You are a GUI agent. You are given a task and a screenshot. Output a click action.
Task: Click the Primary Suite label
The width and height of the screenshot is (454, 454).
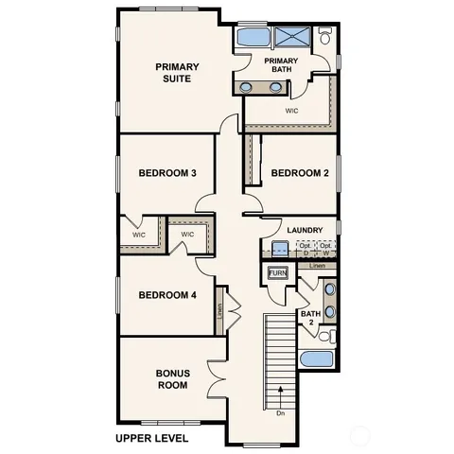[x=174, y=72]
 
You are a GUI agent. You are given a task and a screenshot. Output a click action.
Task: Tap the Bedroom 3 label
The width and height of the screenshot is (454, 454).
[x=167, y=173]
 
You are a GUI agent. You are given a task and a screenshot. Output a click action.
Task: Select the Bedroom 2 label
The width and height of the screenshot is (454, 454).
[x=299, y=173]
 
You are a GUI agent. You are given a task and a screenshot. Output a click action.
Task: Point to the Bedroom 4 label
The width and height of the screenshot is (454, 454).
[x=167, y=295]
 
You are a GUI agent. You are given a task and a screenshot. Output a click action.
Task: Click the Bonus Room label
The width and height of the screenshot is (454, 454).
[x=172, y=378]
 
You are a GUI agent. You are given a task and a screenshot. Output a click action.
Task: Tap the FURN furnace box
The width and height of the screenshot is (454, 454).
[x=277, y=273]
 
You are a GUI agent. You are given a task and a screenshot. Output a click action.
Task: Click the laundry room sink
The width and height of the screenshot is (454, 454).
[x=280, y=250]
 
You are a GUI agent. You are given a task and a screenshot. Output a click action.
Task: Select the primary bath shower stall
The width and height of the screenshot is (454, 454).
[x=293, y=38]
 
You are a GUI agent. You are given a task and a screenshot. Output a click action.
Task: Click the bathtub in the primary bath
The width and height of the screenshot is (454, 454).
[x=252, y=38]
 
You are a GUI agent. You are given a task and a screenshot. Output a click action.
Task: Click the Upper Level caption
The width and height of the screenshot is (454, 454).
[x=151, y=438]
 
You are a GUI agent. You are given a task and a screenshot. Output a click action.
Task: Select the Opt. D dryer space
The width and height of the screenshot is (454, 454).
[x=306, y=249]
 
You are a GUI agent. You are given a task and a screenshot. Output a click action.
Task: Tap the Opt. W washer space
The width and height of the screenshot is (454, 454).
[x=325, y=249]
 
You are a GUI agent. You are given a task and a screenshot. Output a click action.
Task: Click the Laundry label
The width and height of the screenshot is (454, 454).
[x=305, y=230]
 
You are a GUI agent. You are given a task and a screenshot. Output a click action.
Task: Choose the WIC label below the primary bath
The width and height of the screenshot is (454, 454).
[x=293, y=110]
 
